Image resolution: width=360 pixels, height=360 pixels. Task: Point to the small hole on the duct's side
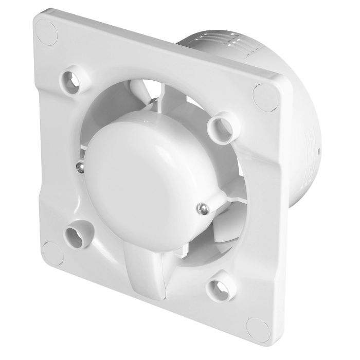319,151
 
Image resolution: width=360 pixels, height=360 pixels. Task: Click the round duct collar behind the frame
298,103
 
